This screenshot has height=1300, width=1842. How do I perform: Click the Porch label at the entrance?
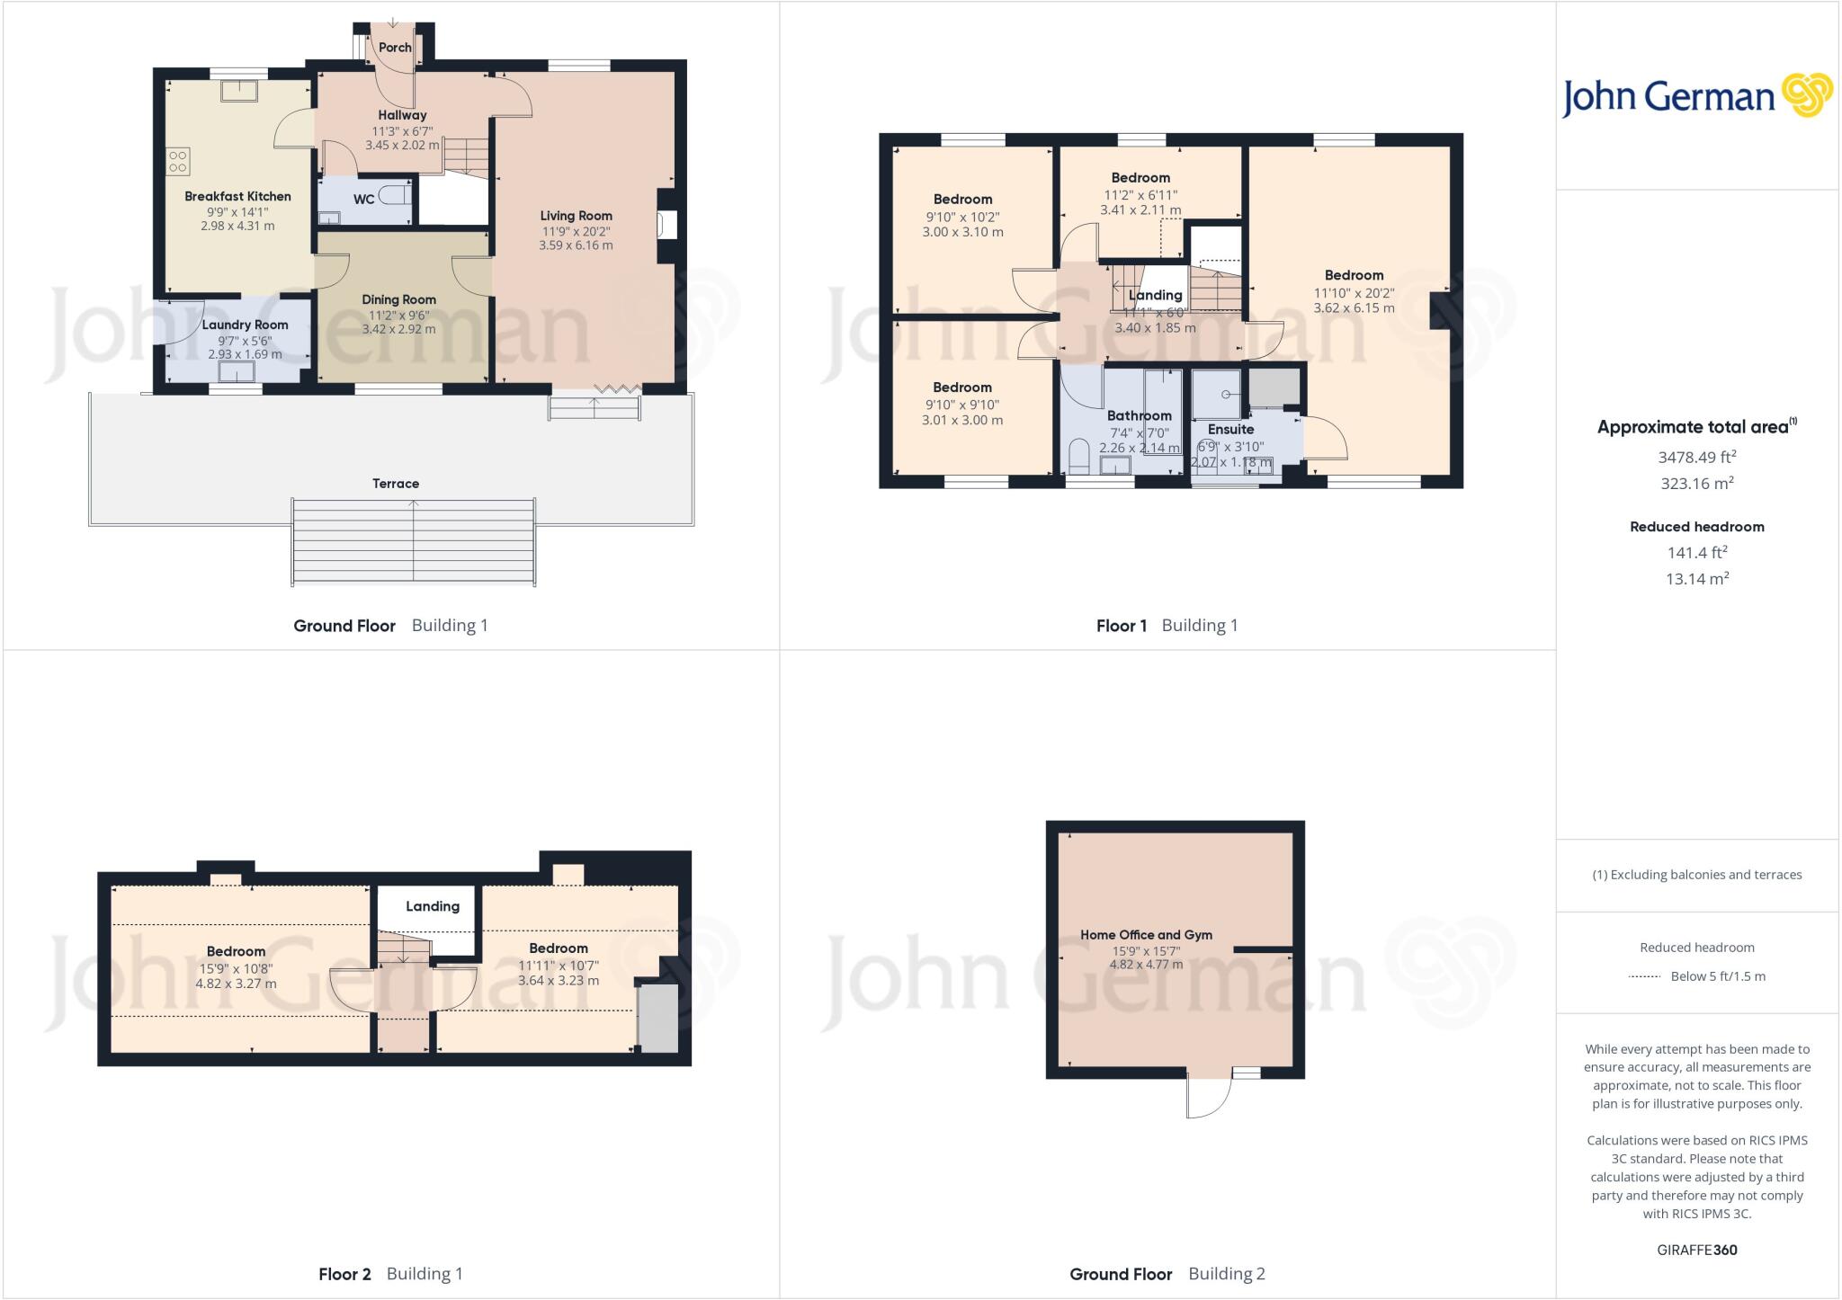click(x=395, y=48)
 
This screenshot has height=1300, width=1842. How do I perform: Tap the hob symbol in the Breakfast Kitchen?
click(x=177, y=161)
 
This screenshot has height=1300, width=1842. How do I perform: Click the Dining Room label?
click(x=398, y=299)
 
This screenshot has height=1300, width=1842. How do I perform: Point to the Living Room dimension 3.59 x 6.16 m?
click(x=576, y=245)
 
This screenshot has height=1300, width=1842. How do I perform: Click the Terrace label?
click(x=396, y=484)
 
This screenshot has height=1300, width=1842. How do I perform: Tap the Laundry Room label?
click(x=245, y=325)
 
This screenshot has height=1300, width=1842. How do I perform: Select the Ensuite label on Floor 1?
click(x=1230, y=430)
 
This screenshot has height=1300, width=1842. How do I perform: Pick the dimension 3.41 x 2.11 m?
click(x=1140, y=210)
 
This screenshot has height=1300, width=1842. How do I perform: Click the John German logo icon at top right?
click(x=1806, y=95)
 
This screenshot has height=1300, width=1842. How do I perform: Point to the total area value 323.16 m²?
click(x=1696, y=483)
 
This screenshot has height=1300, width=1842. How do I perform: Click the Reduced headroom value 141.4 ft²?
click(x=1696, y=552)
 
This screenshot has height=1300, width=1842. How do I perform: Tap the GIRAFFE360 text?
click(x=1696, y=1250)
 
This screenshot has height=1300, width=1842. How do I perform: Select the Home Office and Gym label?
click(x=1146, y=935)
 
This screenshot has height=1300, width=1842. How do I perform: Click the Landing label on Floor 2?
click(x=432, y=906)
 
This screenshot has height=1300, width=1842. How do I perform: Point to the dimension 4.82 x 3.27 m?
click(x=236, y=984)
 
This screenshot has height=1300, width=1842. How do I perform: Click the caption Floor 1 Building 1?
click(x=1167, y=626)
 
